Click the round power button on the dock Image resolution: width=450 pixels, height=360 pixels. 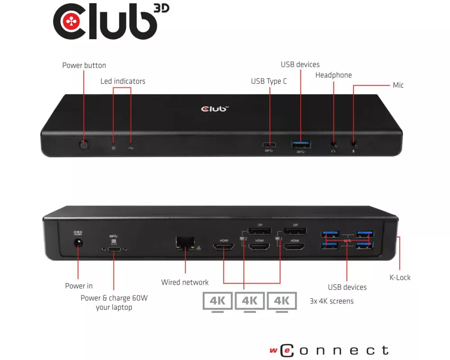(84, 145)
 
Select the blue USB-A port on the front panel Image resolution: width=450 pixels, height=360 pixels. (301, 144)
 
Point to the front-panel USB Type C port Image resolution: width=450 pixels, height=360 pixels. (270, 145)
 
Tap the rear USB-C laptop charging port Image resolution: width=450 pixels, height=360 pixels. (114, 248)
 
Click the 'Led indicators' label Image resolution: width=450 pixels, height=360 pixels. (122, 81)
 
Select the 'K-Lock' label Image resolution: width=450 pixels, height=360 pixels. (400, 278)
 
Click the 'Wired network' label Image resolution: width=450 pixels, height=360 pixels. (185, 283)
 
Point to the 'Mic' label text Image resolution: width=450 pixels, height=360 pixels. (398, 85)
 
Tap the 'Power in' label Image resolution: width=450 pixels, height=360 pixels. (79, 286)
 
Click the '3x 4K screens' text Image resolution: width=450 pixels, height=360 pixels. (332, 301)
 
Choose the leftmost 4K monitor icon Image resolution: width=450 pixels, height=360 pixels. (217, 301)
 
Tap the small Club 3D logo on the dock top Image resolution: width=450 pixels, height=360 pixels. (215, 108)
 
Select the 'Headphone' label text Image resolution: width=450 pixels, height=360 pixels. (333, 75)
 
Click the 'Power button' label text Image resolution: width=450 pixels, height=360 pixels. (84, 66)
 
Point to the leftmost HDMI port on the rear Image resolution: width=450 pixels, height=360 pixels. (224, 247)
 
